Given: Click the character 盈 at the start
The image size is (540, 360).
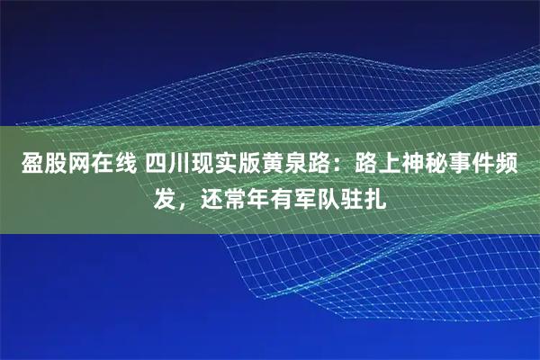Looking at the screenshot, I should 22,166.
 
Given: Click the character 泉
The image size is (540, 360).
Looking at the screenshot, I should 293,166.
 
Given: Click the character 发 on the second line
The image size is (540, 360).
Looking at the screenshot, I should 163,197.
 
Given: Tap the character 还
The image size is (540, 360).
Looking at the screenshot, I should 212,197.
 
